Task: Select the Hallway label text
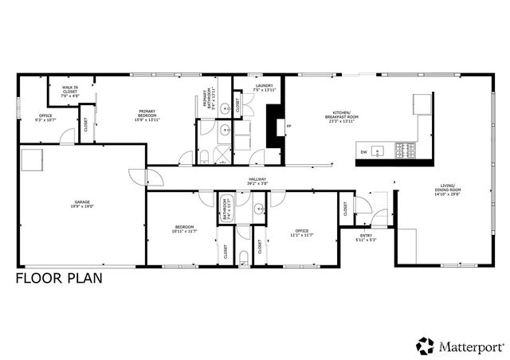(257, 181)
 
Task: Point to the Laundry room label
(265, 88)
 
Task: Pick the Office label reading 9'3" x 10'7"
(45, 117)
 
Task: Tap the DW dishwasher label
(363, 151)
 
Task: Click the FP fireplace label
(289, 127)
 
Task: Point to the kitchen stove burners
(406, 149)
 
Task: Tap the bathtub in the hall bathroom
(225, 209)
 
